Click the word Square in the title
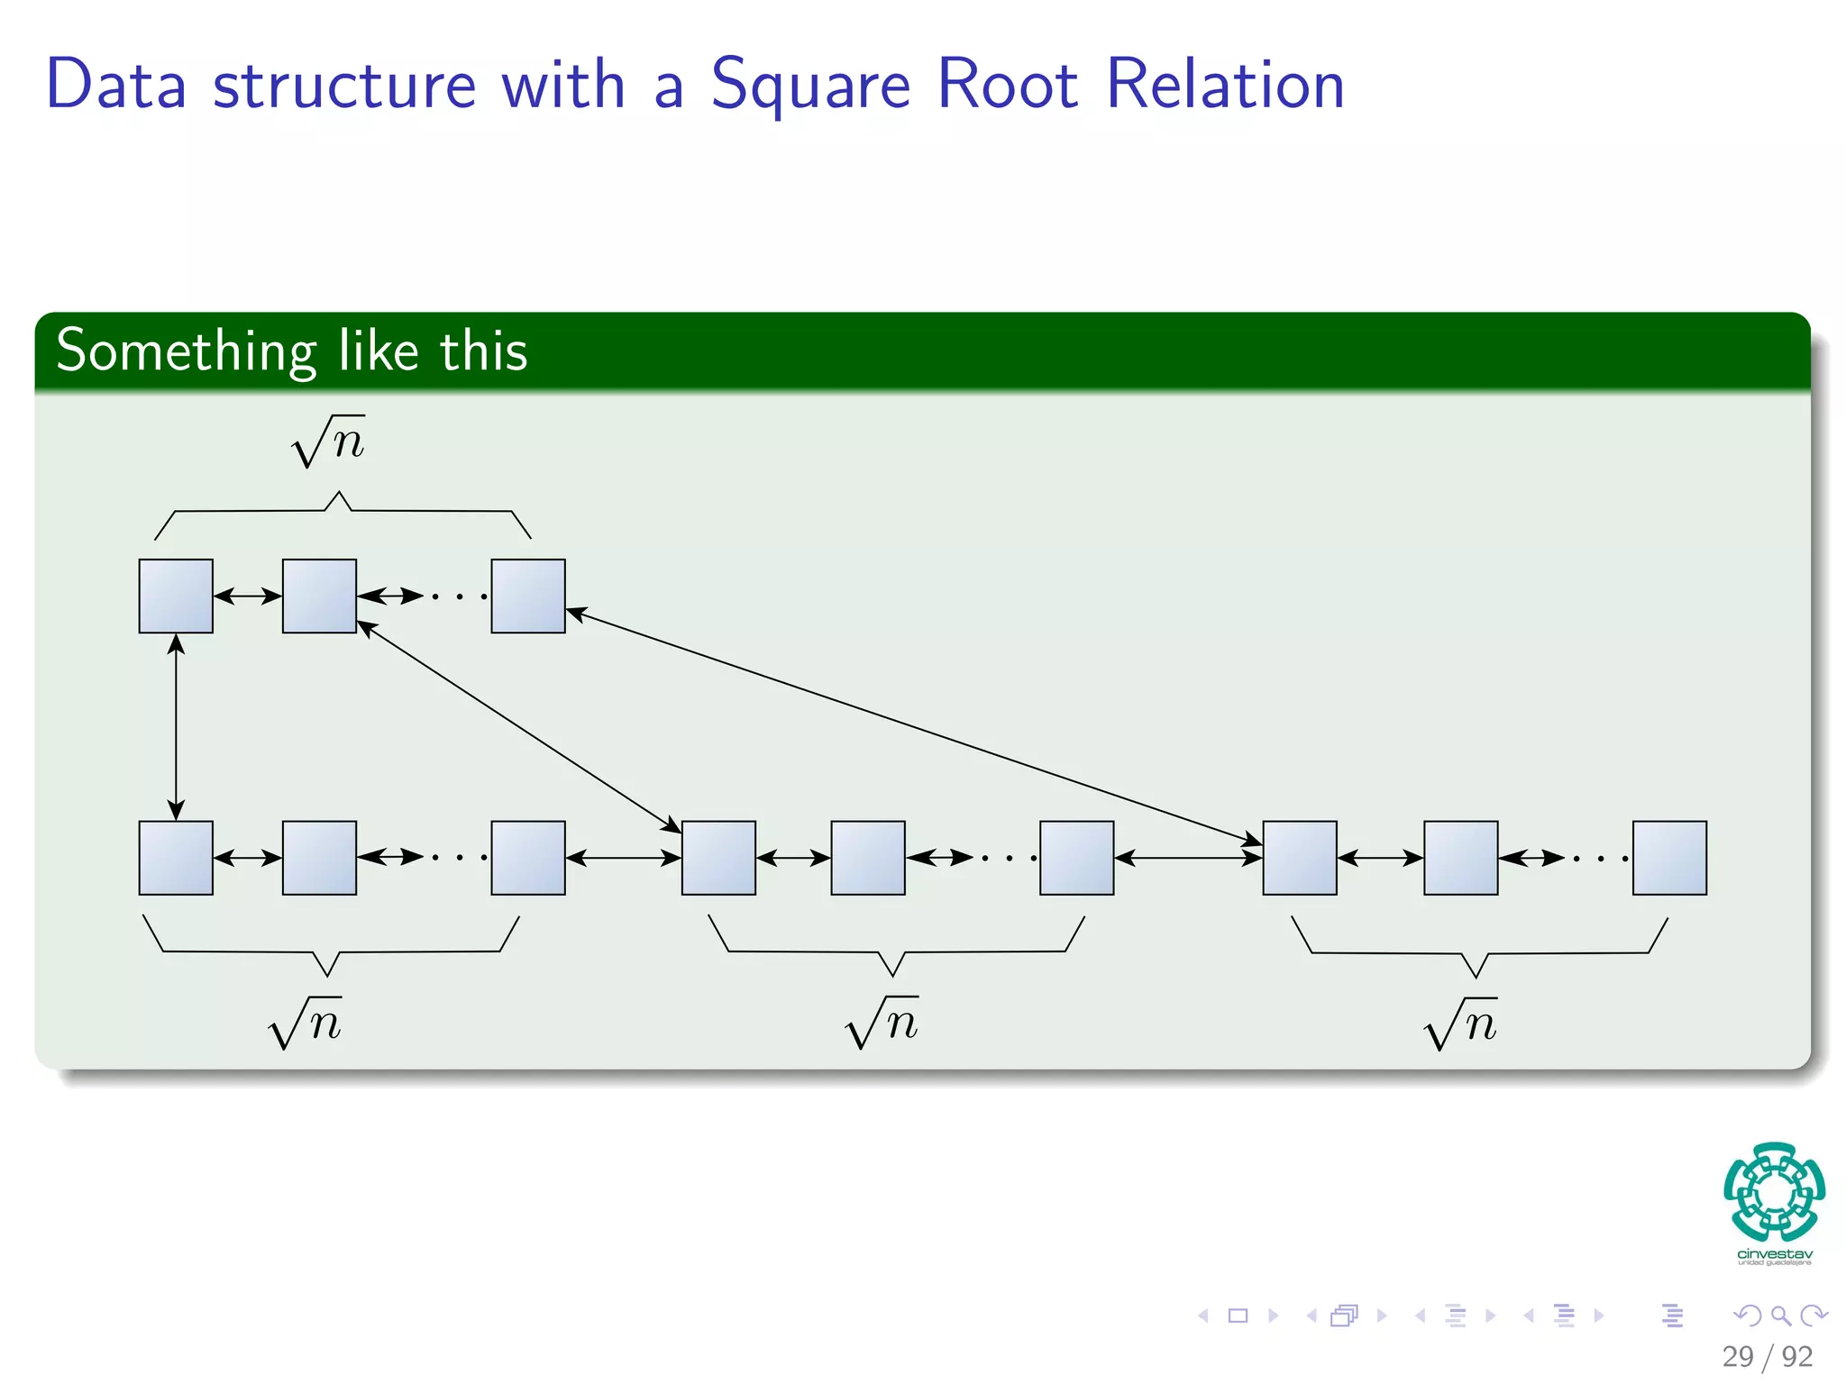tap(811, 86)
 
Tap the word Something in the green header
tap(186, 351)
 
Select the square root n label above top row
tap(329, 442)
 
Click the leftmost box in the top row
tap(176, 596)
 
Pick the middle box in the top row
tap(319, 596)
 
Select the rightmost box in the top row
tap(528, 596)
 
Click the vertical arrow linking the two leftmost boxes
tap(176, 726)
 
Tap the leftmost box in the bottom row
tap(176, 857)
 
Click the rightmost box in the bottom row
tap(1669, 857)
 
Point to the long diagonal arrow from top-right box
tap(910, 727)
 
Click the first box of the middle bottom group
tap(718, 857)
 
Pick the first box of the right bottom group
tap(1299, 857)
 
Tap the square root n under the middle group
tap(882, 1023)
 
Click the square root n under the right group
tap(1461, 1024)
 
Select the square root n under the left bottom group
tap(306, 1023)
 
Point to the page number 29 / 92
tap(1767, 1356)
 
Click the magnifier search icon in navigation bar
tap(1780, 1316)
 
